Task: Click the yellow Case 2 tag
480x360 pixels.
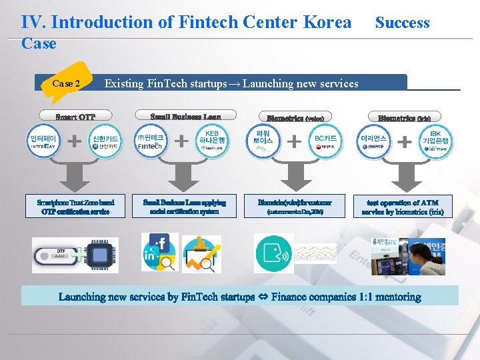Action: (66, 83)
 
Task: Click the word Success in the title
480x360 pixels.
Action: (402, 22)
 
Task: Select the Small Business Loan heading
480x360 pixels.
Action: (185, 116)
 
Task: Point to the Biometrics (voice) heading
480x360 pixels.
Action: (295, 118)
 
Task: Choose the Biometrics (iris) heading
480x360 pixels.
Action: (404, 118)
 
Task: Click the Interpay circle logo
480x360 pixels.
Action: (43, 142)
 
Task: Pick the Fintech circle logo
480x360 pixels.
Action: (149, 142)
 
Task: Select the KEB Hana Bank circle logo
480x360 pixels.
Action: (212, 142)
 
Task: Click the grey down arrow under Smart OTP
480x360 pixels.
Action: (75, 175)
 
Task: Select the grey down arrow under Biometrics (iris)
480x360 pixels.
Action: (404, 175)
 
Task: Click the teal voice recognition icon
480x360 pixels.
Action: (273, 254)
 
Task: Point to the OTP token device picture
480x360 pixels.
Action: (55, 255)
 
